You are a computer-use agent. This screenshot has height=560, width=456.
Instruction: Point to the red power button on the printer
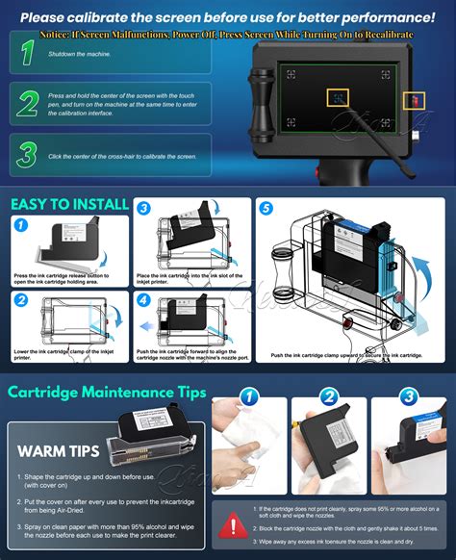tap(416, 99)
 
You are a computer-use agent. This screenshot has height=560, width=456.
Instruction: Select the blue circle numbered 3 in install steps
tap(142, 208)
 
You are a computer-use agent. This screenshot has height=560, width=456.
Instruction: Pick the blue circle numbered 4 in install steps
tap(142, 300)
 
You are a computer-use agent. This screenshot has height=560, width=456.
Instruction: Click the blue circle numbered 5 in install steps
tap(266, 208)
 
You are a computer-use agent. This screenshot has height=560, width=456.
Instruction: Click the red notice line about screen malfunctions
tap(227, 34)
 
